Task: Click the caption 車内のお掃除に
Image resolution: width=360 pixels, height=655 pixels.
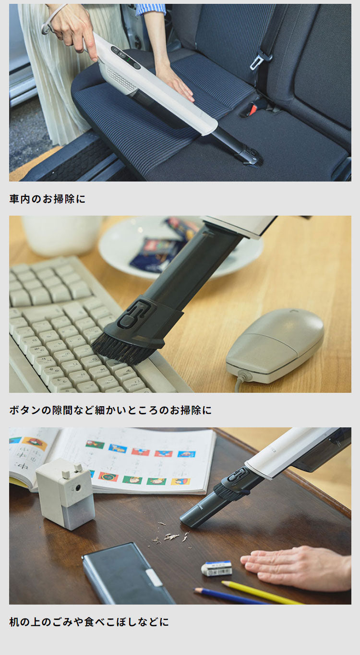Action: point(47,199)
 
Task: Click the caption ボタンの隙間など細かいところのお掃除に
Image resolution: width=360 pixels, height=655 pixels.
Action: point(110,411)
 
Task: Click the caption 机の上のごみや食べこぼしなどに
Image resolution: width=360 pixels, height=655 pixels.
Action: point(89,622)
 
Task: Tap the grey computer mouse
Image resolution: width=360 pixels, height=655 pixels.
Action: point(275,345)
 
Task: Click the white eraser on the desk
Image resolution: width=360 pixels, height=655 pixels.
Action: point(216,568)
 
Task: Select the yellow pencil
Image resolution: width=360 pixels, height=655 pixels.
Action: point(259,592)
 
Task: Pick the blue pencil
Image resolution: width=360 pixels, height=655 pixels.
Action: point(230,596)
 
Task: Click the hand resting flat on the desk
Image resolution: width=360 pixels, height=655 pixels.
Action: point(298,567)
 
